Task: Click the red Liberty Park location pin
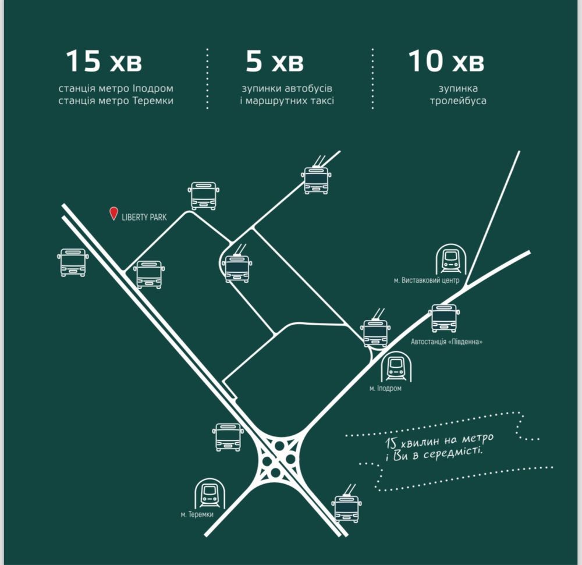pos(114,214)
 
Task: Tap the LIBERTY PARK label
pos(144,217)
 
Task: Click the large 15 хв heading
pos(104,62)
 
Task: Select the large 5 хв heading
pos(274,62)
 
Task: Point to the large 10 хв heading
pos(446,62)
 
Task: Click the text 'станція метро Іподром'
pos(116,89)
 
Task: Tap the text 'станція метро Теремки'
pos(116,101)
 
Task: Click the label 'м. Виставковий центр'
pos(427,281)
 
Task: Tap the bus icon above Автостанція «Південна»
pos(445,318)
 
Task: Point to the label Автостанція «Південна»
pos(446,342)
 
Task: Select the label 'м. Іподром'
pos(385,388)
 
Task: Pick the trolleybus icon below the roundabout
pos(347,507)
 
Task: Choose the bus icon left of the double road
pos(73,262)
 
